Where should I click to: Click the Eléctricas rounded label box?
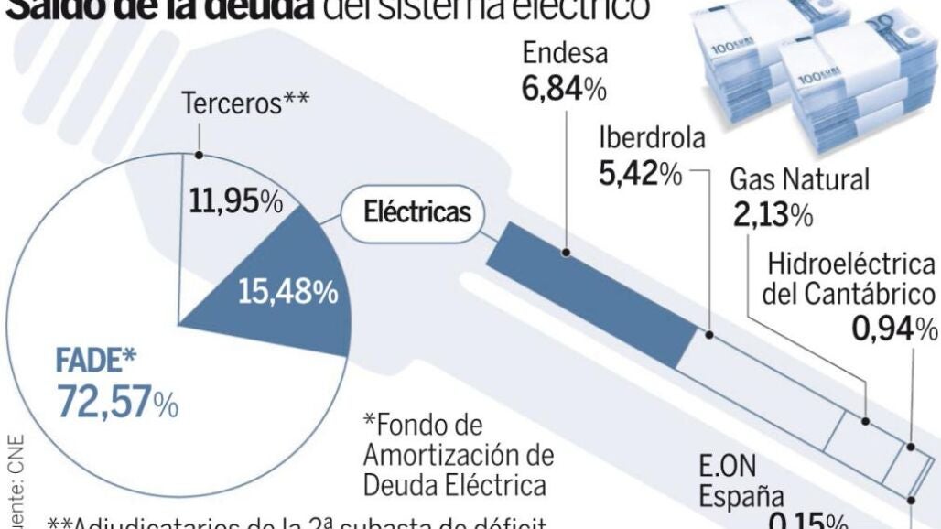coord(417,213)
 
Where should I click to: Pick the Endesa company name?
coord(565,53)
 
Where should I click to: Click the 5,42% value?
coord(640,173)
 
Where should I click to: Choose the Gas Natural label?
coord(799,179)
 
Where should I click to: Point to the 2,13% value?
coord(773,214)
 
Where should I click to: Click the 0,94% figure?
coord(894,328)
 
